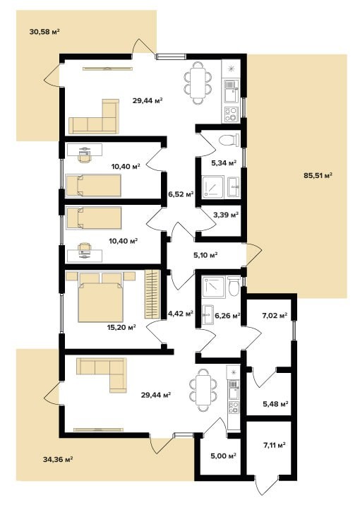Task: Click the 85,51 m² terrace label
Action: (318, 176)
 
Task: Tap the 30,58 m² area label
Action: (44, 32)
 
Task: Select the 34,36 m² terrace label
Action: (57, 460)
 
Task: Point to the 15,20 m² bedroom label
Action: (121, 327)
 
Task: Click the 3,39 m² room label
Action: (226, 215)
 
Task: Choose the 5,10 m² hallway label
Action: (205, 255)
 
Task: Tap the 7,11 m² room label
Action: (274, 445)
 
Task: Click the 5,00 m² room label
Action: (223, 456)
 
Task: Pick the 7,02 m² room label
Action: (275, 315)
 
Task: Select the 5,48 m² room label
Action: (275, 404)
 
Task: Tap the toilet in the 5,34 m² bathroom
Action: (229, 140)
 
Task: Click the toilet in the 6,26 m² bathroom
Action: (233, 285)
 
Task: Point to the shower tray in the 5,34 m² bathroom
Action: (213, 187)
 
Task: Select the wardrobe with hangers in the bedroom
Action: (152, 295)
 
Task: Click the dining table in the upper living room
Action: (198, 82)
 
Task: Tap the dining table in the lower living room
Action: (203, 390)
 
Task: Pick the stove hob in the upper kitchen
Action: (230, 114)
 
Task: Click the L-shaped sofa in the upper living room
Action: (93, 117)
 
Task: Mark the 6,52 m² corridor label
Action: (181, 194)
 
